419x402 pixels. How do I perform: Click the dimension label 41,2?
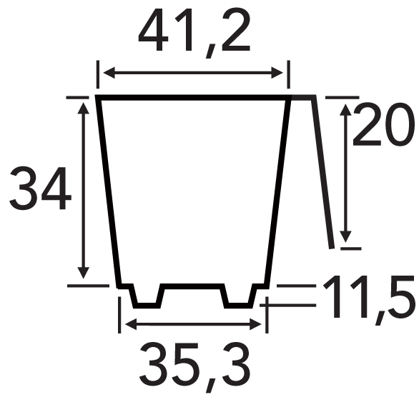click(x=194, y=34)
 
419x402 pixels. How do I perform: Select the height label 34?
click(x=41, y=189)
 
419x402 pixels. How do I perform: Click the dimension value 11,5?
click(x=369, y=298)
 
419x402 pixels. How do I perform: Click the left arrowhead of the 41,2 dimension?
click(x=109, y=73)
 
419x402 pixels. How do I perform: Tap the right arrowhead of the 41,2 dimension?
click(x=277, y=73)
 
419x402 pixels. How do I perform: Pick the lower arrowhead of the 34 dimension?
click(x=84, y=273)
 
